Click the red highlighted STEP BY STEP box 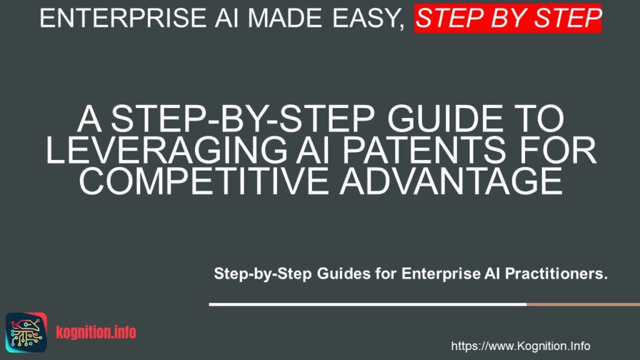pos(508,18)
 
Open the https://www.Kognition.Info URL pos(520,346)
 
